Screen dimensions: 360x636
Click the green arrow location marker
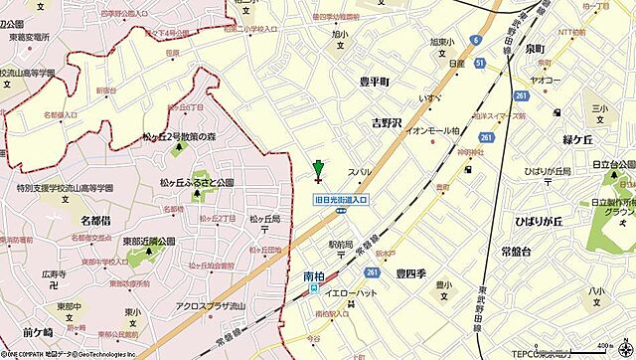click(x=318, y=170)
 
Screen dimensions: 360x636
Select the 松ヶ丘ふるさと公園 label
click(x=196, y=183)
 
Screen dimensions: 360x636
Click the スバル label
click(x=359, y=171)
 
